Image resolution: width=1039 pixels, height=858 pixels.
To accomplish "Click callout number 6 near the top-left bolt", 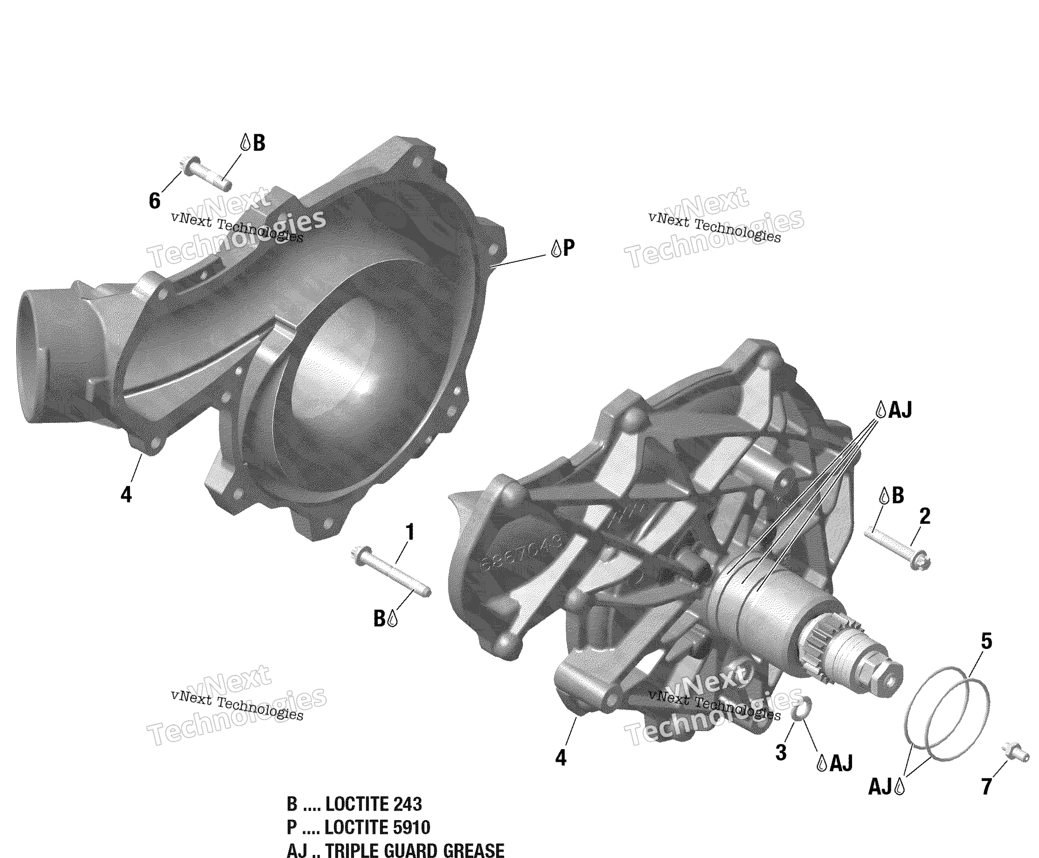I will point(154,201).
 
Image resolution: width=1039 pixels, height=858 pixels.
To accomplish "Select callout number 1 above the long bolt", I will point(409,532).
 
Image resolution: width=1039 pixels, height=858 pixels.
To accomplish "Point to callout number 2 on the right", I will point(924,516).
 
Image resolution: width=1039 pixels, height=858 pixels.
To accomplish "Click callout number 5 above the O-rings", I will point(986,641).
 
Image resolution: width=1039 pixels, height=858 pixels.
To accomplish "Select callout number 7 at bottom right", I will point(986,786).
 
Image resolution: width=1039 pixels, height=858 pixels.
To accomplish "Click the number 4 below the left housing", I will point(126,495).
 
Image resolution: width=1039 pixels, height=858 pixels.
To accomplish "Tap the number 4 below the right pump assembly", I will point(560,758).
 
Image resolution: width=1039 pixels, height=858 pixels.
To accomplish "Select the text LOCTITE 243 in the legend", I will point(373,804).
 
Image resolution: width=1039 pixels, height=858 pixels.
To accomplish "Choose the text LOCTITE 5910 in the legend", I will point(377,827).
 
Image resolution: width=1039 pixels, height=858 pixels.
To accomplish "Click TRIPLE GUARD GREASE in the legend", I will point(414,850).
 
